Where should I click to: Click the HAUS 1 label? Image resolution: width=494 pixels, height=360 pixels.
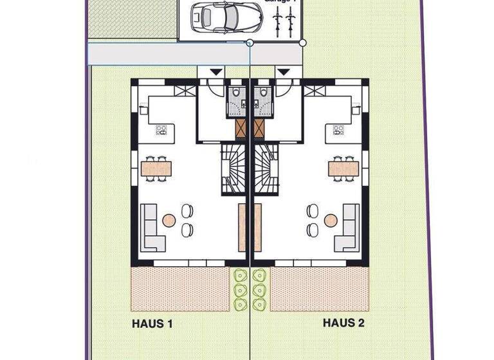click(x=152, y=323)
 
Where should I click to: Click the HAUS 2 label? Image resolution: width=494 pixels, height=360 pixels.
click(x=343, y=323)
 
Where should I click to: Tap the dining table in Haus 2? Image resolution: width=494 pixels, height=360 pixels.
click(x=343, y=168)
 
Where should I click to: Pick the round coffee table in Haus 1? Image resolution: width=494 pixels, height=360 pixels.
click(x=169, y=221)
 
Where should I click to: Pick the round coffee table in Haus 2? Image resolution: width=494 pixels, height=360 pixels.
click(x=331, y=221)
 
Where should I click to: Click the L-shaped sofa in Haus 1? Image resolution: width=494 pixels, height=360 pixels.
click(x=151, y=229)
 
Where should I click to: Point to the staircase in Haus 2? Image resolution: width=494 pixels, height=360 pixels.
click(x=266, y=168)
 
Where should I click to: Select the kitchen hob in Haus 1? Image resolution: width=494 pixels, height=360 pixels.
click(x=161, y=130)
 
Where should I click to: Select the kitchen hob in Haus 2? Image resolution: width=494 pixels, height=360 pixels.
click(x=338, y=130)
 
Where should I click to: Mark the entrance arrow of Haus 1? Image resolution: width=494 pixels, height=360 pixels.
click(x=215, y=72)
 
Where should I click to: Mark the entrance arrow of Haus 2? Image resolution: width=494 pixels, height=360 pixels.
click(x=282, y=72)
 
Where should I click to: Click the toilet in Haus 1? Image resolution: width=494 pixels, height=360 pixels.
click(x=237, y=97)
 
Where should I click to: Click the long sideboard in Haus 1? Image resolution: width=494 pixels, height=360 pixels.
click(x=242, y=228)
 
